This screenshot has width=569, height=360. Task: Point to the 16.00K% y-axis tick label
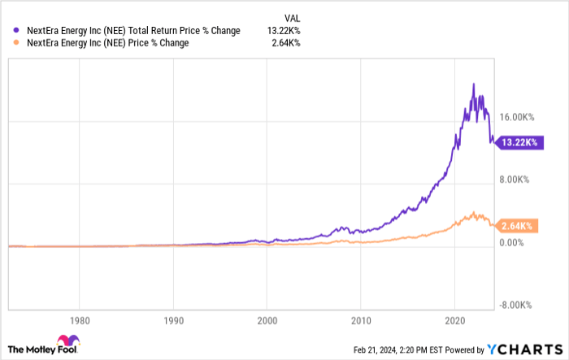click(x=515, y=117)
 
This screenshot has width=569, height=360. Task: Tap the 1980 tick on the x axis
click(x=79, y=319)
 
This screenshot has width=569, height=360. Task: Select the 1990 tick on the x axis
click(x=173, y=319)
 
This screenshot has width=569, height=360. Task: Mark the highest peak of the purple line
click(x=472, y=83)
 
